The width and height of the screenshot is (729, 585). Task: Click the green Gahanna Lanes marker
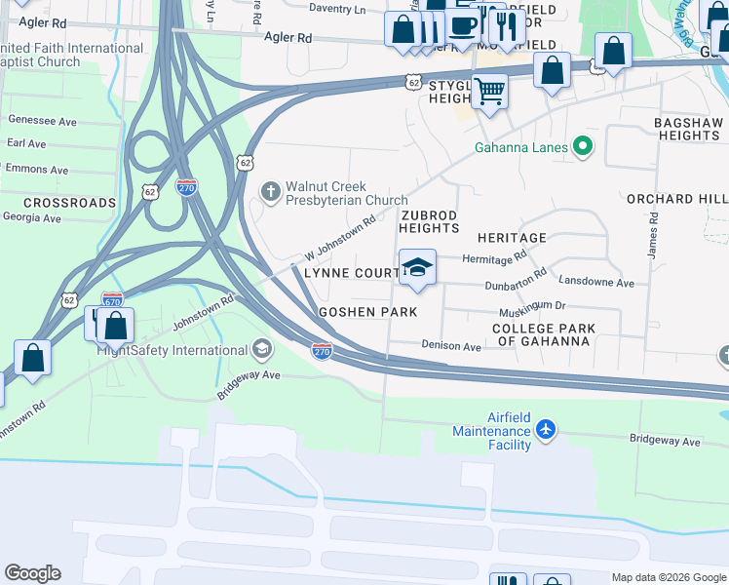tap(583, 148)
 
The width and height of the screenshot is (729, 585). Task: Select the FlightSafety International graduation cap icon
tap(261, 349)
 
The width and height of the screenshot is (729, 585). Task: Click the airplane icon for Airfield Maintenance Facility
tap(547, 430)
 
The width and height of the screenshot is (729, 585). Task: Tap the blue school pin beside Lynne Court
tap(417, 269)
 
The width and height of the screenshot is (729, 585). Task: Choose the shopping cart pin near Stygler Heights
tap(490, 92)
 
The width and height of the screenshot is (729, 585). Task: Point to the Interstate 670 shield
tap(112, 300)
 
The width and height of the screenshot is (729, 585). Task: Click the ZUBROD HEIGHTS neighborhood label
tap(429, 220)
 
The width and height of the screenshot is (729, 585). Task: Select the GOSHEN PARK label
tap(368, 312)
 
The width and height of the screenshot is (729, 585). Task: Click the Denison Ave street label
tap(451, 346)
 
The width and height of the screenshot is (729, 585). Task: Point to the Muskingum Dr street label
tap(532, 305)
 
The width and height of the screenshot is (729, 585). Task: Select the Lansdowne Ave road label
tap(596, 283)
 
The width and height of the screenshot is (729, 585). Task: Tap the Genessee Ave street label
tap(42, 121)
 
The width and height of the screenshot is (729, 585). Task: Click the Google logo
tap(32, 573)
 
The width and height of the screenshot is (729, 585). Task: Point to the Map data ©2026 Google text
tap(668, 577)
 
